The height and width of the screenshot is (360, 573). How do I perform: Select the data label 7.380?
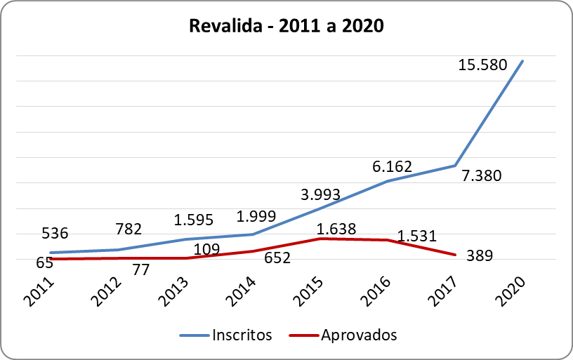(481, 175)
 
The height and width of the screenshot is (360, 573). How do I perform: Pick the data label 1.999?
(256, 216)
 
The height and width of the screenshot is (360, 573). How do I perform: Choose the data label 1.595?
(195, 220)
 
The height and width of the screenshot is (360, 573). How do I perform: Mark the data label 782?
(128, 229)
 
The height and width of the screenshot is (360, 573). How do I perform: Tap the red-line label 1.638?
(336, 228)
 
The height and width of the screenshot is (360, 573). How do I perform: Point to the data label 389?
(480, 256)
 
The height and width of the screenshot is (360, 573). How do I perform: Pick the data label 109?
(206, 249)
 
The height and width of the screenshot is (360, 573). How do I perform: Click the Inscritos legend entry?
(225, 335)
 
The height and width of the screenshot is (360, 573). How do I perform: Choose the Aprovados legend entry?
(343, 335)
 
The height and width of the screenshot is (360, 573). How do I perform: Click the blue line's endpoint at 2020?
(522, 61)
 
